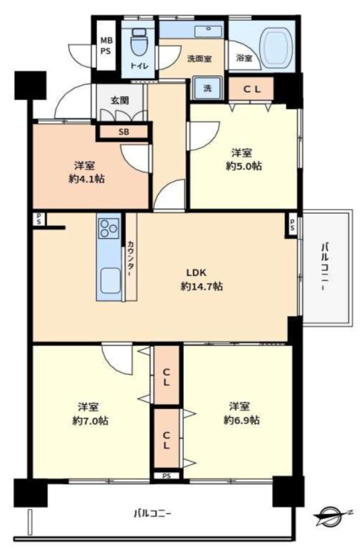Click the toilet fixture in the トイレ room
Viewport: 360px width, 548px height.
[x=138, y=42]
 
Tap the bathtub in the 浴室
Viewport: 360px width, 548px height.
[x=277, y=46]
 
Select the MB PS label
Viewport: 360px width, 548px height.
[x=106, y=46]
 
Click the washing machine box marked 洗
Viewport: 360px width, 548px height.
[x=208, y=88]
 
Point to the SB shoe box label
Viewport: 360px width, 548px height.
[x=123, y=132]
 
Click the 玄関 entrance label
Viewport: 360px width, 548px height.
[x=120, y=101]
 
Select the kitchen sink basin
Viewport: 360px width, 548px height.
[x=110, y=280]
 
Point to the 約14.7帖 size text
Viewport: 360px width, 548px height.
[x=201, y=287]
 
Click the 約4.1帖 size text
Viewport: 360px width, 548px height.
[x=87, y=179]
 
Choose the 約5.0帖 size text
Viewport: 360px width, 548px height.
[x=243, y=166]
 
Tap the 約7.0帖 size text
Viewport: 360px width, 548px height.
[x=91, y=421]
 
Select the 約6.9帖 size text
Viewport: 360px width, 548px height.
[x=241, y=420]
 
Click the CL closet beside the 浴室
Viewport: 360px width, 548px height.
[x=251, y=89]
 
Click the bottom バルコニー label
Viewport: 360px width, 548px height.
[x=153, y=513]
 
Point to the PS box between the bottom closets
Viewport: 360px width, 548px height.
[x=167, y=476]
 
